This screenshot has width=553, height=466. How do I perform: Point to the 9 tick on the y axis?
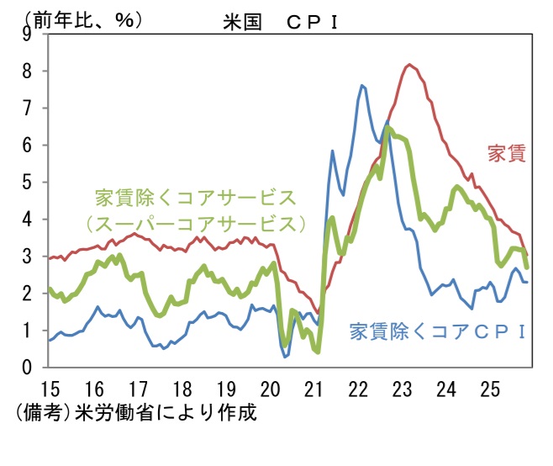tap(27, 34)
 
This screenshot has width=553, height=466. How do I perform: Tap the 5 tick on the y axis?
tap(27, 182)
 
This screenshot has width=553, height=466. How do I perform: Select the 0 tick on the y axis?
tap(27, 368)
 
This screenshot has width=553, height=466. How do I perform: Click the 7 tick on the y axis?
tap(27, 108)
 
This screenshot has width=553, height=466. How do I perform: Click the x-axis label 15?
tap(48, 390)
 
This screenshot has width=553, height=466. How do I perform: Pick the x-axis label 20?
tap(269, 390)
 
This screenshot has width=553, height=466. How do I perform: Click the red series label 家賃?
tap(506, 153)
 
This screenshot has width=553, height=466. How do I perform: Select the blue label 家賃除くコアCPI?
tap(438, 330)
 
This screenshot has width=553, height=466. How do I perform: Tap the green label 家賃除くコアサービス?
tap(196, 198)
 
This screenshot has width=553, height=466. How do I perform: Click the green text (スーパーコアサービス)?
tap(195, 224)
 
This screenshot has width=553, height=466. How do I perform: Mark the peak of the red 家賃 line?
tap(409, 64)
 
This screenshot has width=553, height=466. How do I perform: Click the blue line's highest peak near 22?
tap(362, 85)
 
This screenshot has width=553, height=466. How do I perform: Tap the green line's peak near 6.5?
tap(387, 128)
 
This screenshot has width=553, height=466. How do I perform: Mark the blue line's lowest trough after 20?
tap(286, 357)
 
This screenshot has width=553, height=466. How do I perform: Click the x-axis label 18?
tap(181, 390)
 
